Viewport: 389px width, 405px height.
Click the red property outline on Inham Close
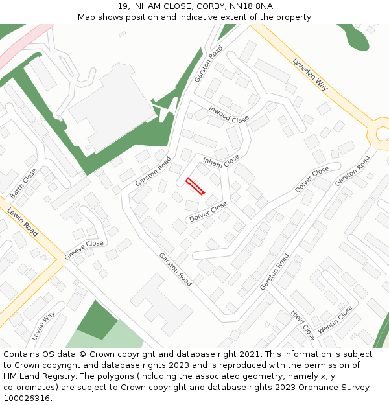click(x=195, y=186)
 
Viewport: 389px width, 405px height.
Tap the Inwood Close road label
click(x=229, y=115)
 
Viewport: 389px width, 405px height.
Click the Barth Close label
click(x=24, y=183)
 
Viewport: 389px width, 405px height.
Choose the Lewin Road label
click(x=23, y=221)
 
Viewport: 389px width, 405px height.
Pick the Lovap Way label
click(x=43, y=326)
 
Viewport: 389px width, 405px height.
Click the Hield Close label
click(x=303, y=325)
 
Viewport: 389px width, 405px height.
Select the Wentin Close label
click(x=335, y=319)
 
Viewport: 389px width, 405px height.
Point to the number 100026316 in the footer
click(x=27, y=399)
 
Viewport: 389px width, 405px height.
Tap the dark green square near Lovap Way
click(x=97, y=319)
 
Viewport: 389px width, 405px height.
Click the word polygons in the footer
click(x=127, y=376)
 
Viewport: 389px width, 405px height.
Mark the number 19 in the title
click(x=123, y=6)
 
